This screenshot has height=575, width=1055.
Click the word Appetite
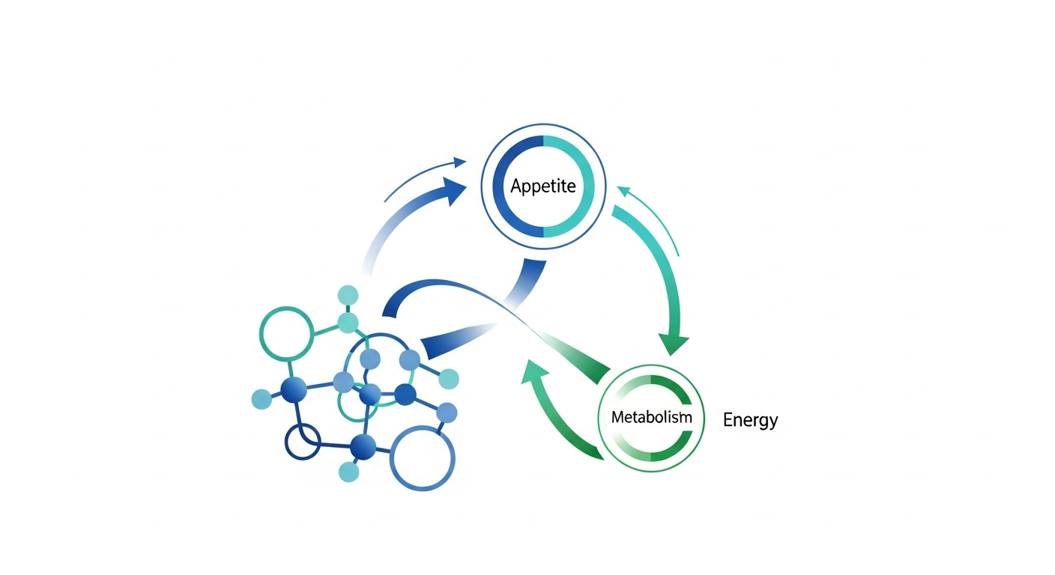[543, 186]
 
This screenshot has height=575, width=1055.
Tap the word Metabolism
[651, 418]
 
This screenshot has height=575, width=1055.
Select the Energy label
[750, 420]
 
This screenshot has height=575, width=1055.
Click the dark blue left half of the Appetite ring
[504, 187]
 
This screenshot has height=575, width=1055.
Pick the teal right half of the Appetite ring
[584, 187]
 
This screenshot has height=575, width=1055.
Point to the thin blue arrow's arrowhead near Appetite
[460, 162]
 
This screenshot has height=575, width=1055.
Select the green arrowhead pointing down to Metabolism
[673, 344]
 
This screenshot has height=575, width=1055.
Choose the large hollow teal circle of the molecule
[285, 333]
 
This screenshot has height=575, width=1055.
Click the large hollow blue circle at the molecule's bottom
[423, 458]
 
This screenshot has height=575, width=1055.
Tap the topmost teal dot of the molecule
[348, 295]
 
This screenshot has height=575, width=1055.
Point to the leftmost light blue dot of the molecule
[262, 399]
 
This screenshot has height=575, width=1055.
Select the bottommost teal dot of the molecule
[348, 472]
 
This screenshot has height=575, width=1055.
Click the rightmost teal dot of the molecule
[449, 379]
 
